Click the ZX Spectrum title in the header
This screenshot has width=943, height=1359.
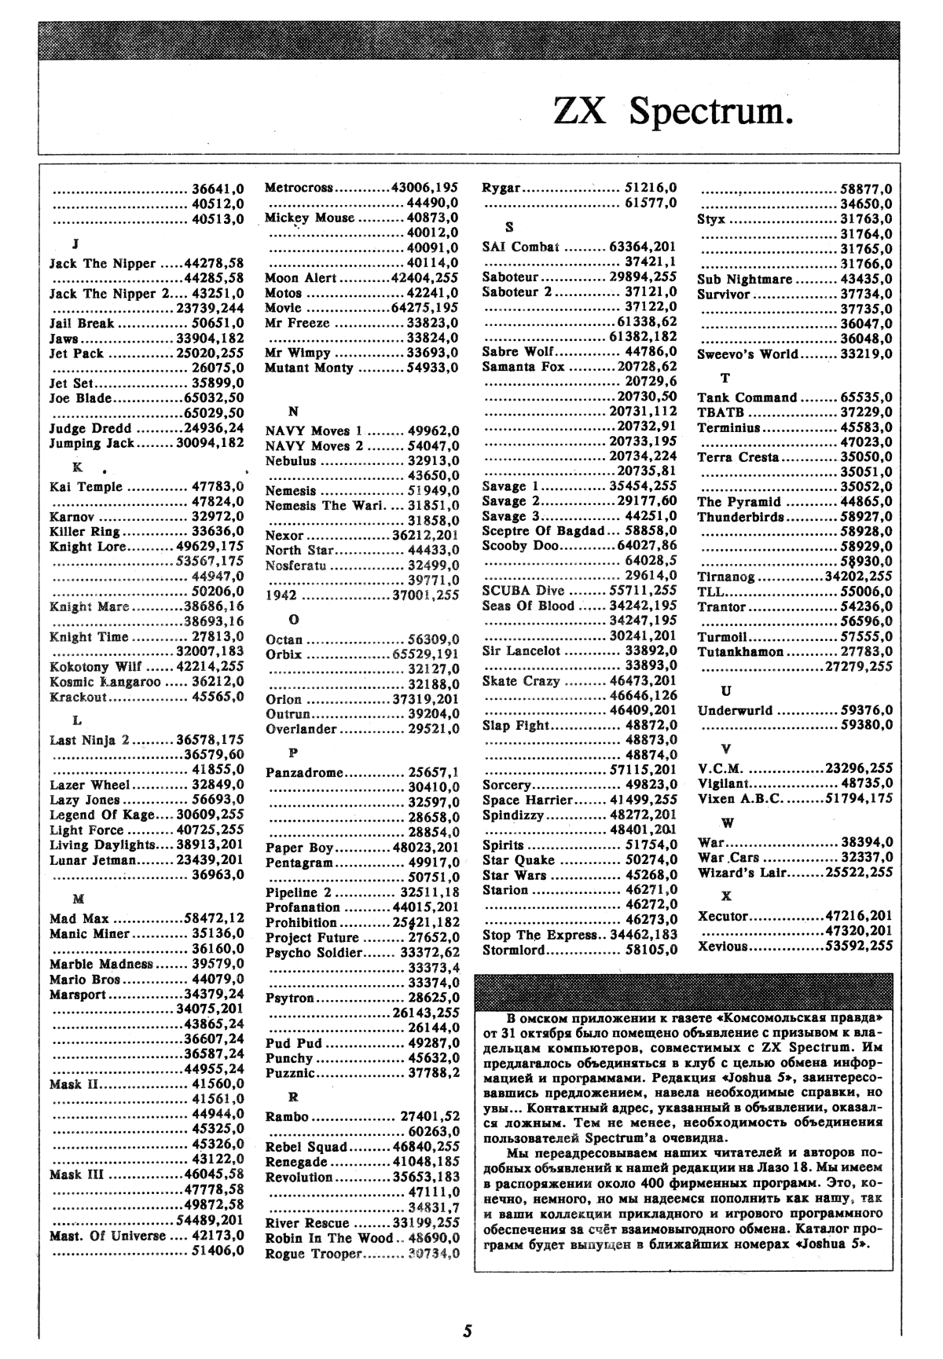[673, 112]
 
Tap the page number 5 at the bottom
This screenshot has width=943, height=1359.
[468, 1330]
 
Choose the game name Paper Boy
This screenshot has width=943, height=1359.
[299, 848]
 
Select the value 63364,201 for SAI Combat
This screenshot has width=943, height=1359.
[644, 247]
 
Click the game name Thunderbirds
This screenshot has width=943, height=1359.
[740, 517]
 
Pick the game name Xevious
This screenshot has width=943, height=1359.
[722, 946]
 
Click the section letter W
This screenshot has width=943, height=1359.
[727, 823]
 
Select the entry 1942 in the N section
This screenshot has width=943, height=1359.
[281, 595]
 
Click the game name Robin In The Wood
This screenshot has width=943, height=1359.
[328, 1238]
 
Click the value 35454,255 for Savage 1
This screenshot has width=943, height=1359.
[644, 486]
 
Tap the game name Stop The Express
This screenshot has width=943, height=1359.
[540, 935]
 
